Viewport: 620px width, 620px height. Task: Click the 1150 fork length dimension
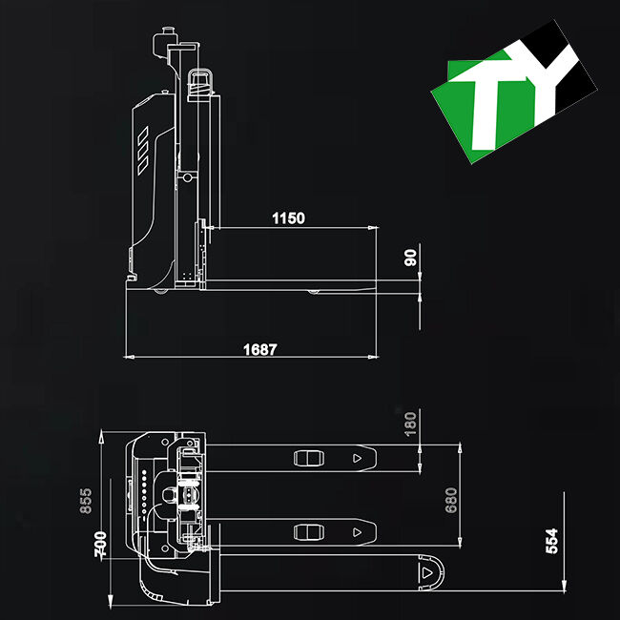click(288, 218)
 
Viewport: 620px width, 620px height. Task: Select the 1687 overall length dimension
click(259, 349)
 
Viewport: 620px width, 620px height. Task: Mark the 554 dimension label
click(551, 540)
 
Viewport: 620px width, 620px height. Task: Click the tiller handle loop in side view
click(201, 82)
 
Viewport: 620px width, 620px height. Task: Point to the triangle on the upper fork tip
click(358, 459)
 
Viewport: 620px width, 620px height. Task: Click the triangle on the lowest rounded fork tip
click(425, 573)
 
